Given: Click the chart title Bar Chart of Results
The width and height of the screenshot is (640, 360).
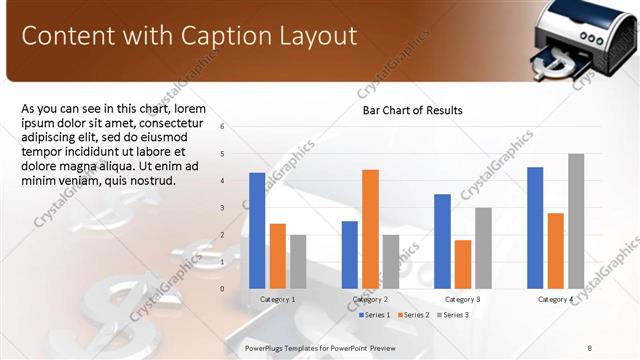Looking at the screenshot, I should point(412,110).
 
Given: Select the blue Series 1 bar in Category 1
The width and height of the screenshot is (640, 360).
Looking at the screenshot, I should point(257,230).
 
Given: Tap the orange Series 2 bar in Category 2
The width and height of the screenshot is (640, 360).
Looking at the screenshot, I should point(370,228).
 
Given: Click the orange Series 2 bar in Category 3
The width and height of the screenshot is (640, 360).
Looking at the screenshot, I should point(462,263).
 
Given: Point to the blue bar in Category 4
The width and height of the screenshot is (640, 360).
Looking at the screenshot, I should point(535,227).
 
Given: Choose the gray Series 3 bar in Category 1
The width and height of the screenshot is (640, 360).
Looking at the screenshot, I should point(298,261).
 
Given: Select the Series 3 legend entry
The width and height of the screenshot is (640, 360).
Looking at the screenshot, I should point(451,315).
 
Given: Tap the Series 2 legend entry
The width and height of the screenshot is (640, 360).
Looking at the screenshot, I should point(413,315).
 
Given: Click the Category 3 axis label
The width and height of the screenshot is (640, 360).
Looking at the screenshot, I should point(462,299).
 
